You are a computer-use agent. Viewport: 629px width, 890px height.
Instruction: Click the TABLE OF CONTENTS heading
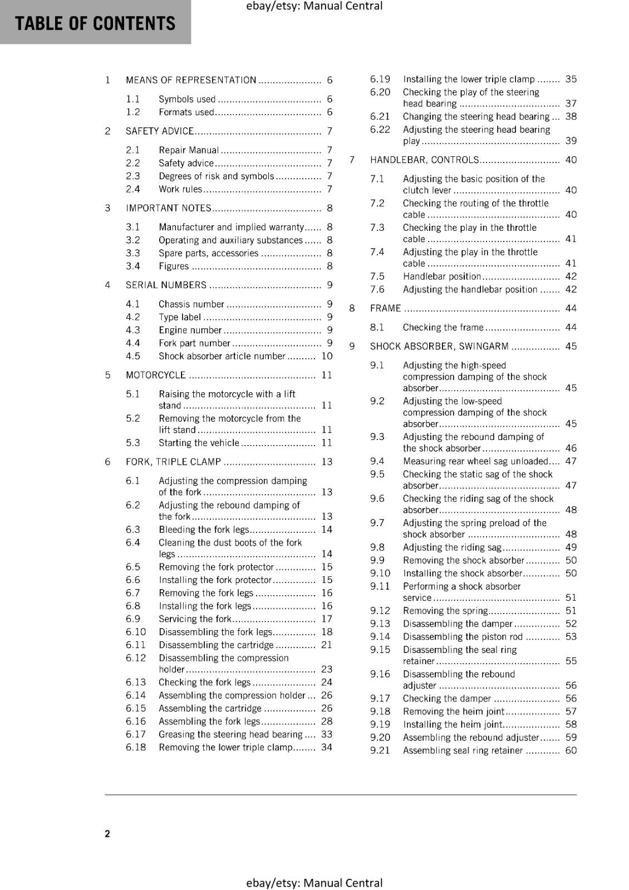pyautogui.click(x=95, y=23)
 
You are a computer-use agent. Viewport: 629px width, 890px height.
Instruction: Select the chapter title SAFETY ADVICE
pyautogui.click(x=160, y=131)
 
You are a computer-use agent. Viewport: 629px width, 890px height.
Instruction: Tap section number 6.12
pyautogui.click(x=136, y=658)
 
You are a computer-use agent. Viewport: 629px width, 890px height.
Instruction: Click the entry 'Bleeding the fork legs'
pyautogui.click(x=204, y=530)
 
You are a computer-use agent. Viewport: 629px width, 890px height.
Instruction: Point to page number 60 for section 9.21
pyautogui.click(x=571, y=750)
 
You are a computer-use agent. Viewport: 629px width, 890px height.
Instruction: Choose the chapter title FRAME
pyautogui.click(x=385, y=308)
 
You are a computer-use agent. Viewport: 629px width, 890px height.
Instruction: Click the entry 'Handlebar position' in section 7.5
pyautogui.click(x=441, y=276)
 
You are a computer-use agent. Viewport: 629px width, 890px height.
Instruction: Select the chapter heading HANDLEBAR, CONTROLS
pyautogui.click(x=424, y=160)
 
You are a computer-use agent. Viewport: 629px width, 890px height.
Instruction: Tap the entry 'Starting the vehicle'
pyautogui.click(x=199, y=443)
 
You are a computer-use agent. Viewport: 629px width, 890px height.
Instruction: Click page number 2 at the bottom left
pyautogui.click(x=107, y=833)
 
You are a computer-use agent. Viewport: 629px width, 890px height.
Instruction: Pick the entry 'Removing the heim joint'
pyautogui.click(x=453, y=711)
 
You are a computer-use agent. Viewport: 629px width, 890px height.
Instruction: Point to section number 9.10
pyautogui.click(x=380, y=573)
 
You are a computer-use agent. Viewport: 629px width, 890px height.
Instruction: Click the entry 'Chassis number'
pyautogui.click(x=191, y=304)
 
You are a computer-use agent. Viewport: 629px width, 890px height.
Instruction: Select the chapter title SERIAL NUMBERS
pyautogui.click(x=166, y=285)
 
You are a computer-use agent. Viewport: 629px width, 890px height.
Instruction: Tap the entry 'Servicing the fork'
pyautogui.click(x=195, y=619)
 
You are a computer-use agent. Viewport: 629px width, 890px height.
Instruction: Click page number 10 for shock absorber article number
pyautogui.click(x=327, y=356)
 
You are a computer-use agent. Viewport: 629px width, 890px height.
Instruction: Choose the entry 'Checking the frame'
pyautogui.click(x=443, y=328)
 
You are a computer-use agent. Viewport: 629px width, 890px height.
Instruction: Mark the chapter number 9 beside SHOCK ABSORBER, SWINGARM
pyautogui.click(x=352, y=347)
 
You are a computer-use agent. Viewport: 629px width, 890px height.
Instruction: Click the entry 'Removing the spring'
pyautogui.click(x=445, y=611)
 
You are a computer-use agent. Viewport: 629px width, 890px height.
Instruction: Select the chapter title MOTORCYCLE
pyautogui.click(x=156, y=375)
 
